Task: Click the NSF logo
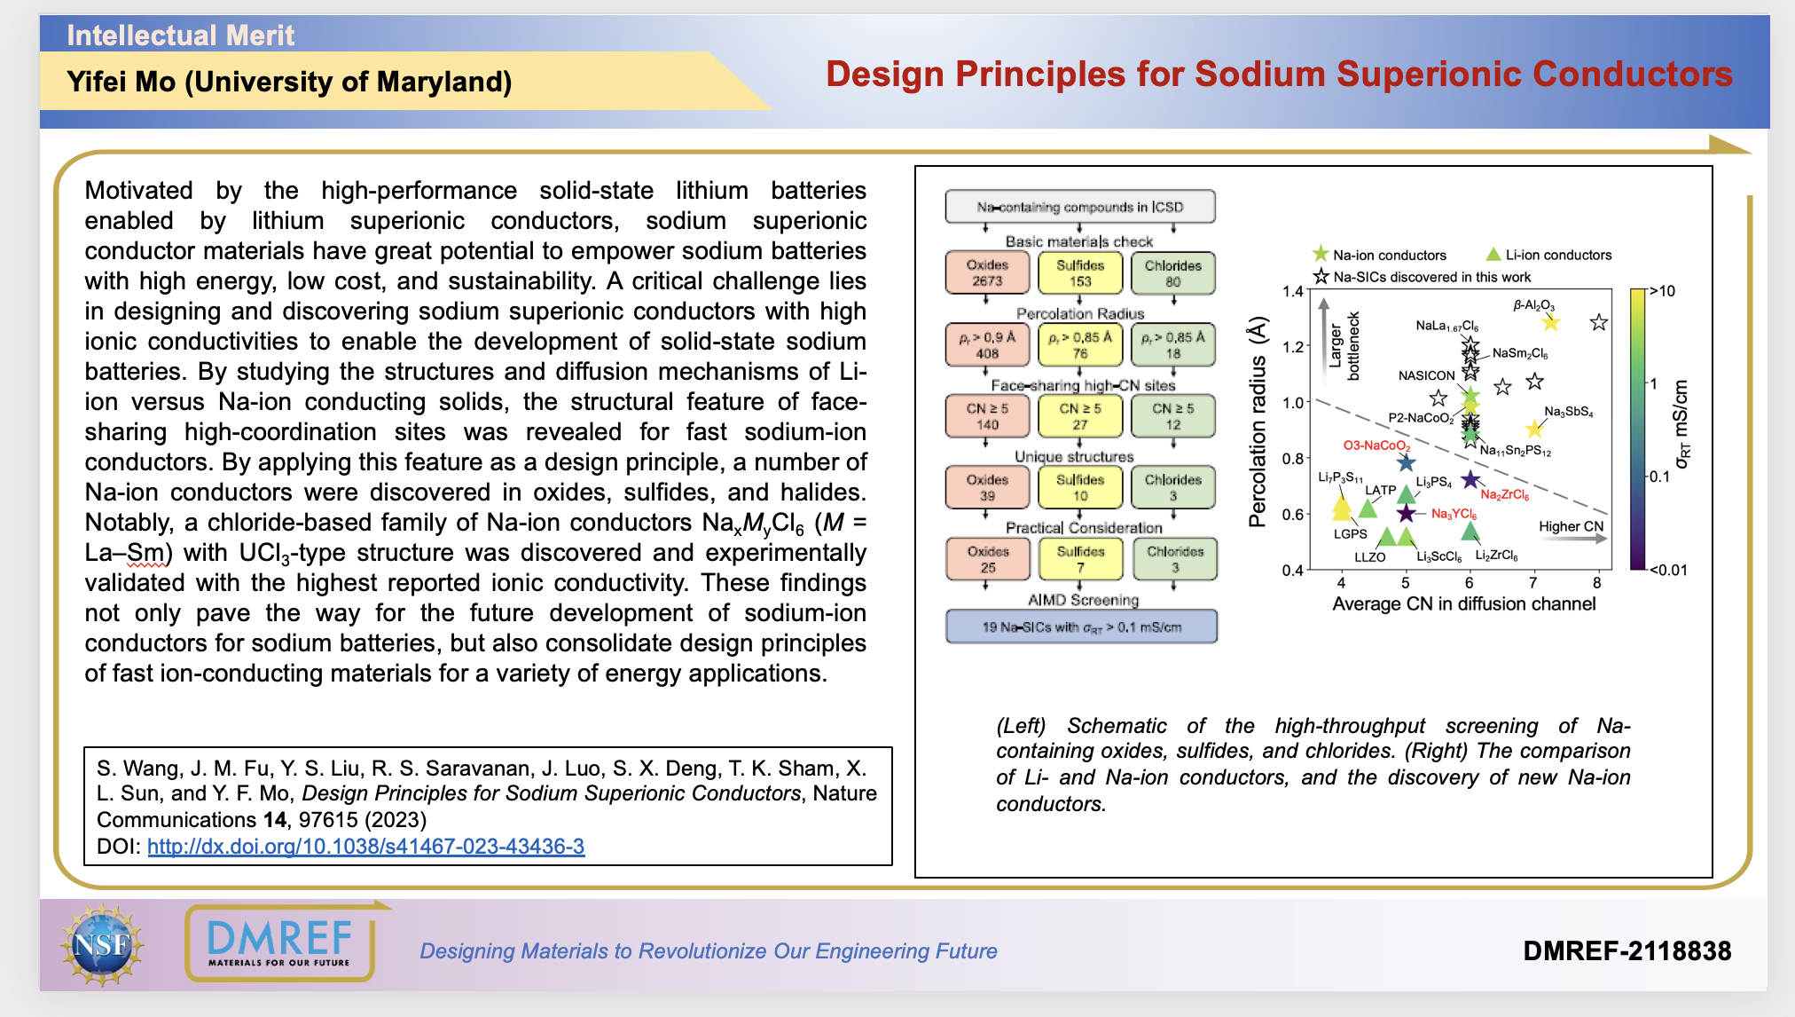point(102,944)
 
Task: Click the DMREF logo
point(279,942)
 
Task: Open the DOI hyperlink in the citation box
point(365,847)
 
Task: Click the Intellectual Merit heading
point(180,35)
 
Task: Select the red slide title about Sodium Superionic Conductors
point(1278,75)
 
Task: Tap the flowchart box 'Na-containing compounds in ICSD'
point(1079,207)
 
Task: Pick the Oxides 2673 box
point(987,273)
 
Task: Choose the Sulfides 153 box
point(1079,273)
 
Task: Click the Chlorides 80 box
point(1172,273)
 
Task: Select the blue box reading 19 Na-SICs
point(1081,627)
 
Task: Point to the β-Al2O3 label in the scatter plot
point(1533,305)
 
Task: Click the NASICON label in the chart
point(1426,375)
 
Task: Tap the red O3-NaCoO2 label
point(1376,445)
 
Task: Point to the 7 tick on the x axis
point(1532,583)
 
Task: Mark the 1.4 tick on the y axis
point(1292,291)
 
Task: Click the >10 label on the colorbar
point(1663,291)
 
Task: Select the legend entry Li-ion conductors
point(1558,255)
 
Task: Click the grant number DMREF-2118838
point(1626,951)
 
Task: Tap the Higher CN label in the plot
point(1571,526)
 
